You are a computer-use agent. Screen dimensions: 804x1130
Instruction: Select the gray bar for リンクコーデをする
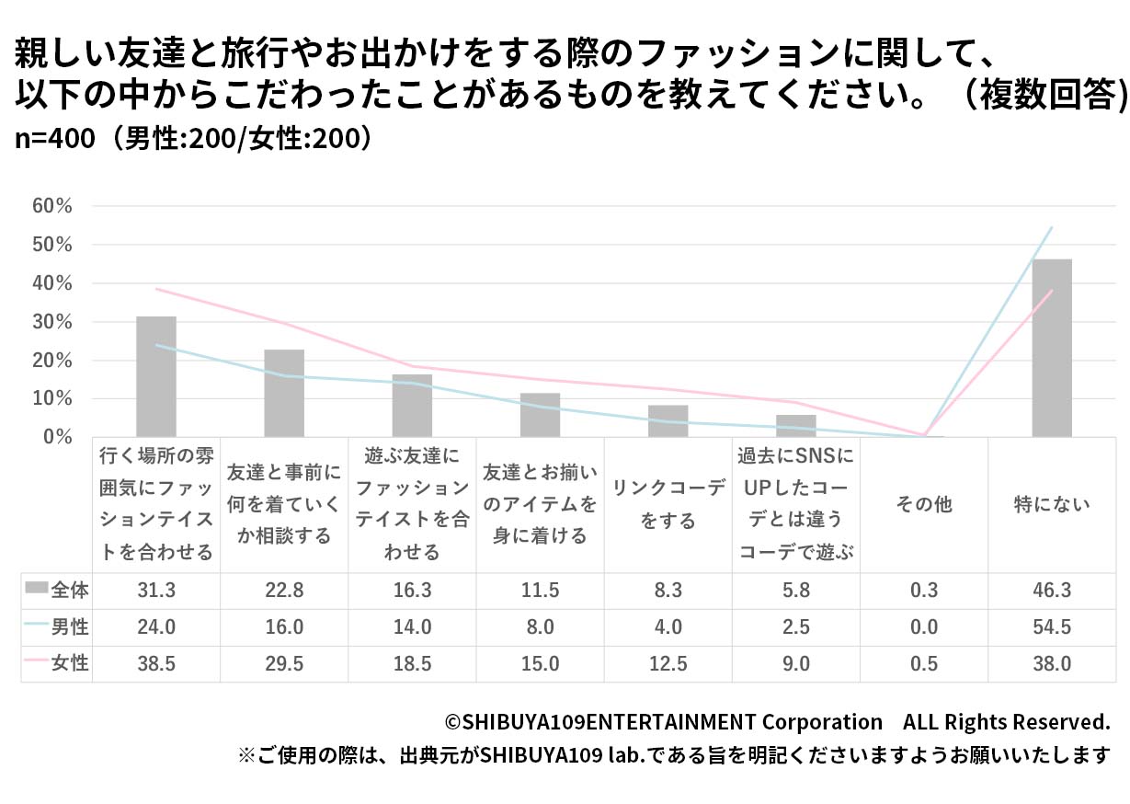pos(668,421)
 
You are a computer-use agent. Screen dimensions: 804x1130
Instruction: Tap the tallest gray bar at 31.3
pos(155,376)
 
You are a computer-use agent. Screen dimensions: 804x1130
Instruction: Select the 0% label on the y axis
pos(57,437)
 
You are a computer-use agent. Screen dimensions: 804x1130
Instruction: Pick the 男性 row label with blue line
pos(69,627)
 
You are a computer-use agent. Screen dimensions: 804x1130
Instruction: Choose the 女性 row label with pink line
pos(69,663)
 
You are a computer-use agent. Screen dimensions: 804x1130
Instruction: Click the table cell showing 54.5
pos(1051,627)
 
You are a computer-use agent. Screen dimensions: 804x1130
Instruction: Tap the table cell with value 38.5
pos(155,663)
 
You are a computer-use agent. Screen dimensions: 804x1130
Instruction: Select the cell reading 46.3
pos(1051,591)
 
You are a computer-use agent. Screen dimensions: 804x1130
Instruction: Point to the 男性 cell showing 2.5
pos(795,627)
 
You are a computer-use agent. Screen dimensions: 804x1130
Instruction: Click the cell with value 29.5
pos(283,663)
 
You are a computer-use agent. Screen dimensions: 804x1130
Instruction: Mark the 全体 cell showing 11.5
pos(540,591)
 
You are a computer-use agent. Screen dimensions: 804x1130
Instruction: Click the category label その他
pos(923,504)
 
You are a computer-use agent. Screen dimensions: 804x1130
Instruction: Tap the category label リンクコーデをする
pos(668,505)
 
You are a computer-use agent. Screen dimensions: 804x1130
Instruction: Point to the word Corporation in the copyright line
pos(822,721)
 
